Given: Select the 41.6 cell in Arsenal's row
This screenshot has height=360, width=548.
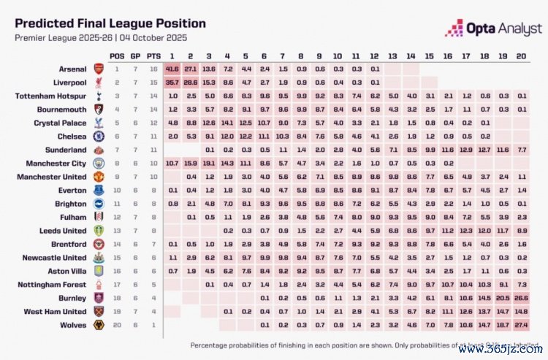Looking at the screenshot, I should (172, 69).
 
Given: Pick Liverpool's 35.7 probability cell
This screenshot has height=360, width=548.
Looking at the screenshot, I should (172, 83).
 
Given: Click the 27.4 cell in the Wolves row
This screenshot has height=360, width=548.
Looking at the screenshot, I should (522, 324).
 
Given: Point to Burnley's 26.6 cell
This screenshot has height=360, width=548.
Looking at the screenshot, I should (522, 298).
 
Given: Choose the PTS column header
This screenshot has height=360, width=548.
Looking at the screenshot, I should (153, 55).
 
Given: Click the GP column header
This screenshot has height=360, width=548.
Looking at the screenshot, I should (135, 55).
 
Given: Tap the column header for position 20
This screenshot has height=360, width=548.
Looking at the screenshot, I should (522, 55).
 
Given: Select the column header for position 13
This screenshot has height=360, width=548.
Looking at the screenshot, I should (393, 55).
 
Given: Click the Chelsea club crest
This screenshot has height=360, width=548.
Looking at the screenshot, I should (98, 136).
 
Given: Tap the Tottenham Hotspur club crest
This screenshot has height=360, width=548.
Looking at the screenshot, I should (98, 96).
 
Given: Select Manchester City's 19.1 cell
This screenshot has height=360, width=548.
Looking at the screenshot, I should (209, 163).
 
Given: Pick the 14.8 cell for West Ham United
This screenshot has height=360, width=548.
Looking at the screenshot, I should (522, 311).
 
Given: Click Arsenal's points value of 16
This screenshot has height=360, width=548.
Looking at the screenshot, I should (153, 69).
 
